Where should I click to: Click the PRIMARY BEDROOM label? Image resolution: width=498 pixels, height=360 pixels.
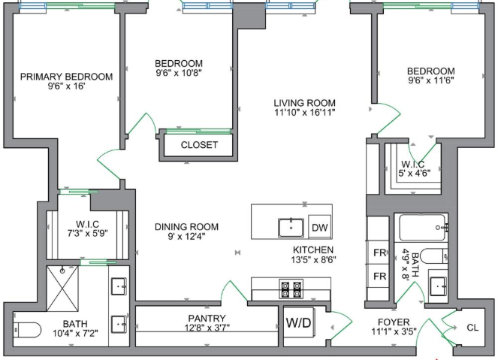coord(66,77)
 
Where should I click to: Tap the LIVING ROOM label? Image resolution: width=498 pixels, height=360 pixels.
coord(304,103)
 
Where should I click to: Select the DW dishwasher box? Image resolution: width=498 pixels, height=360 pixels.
coord(320,227)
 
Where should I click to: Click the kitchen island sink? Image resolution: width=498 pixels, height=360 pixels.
coord(291,228)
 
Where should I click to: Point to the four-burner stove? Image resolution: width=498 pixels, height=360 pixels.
coord(291,289)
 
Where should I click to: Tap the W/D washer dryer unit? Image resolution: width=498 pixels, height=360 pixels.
coord(298,322)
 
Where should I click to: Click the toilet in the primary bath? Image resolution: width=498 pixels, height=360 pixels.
coord(27,330)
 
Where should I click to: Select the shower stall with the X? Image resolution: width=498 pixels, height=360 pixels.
coord(62,289)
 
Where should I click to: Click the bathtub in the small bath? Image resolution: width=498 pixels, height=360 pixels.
coord(423,228)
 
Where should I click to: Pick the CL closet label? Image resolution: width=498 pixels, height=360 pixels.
coord(472,328)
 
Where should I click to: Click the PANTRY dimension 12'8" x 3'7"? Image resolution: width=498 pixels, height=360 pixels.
coord(207,327)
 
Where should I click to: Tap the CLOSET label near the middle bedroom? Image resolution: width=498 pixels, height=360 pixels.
coord(199,145)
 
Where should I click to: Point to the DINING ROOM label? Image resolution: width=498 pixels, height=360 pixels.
coord(186,227)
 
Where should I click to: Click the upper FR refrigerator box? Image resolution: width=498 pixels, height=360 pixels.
coord(379,253)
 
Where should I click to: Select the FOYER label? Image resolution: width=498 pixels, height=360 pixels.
coord(394,322)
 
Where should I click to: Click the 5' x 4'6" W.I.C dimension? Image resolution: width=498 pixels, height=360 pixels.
coord(415,173)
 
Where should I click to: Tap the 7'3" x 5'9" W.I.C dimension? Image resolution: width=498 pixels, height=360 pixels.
coord(87,233)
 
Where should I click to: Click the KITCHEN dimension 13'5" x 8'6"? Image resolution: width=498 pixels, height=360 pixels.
coord(313,259)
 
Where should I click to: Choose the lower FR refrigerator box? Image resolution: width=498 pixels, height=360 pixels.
coord(379,276)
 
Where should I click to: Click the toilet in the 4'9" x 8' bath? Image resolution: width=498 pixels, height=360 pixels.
coord(434,256)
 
